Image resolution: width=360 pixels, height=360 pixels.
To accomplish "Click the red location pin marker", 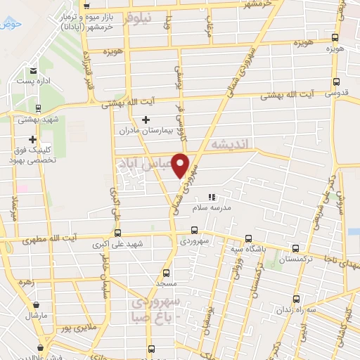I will tap(181, 165).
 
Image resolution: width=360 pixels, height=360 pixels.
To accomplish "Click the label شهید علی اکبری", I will tap(117, 245).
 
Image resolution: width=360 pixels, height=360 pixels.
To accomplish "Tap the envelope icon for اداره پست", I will tap(34, 71).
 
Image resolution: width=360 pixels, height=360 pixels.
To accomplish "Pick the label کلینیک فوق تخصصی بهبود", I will tap(32, 155).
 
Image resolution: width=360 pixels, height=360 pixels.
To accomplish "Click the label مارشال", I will tap(36, 314).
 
